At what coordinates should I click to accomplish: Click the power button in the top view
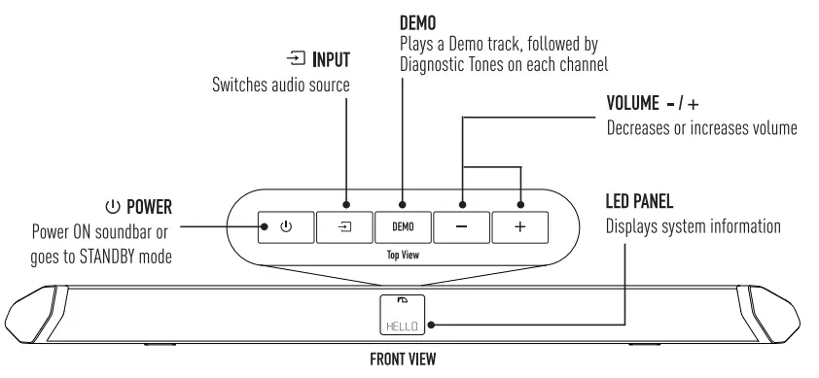(285, 226)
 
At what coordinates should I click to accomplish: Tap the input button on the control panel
(343, 226)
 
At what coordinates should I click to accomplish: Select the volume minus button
(461, 226)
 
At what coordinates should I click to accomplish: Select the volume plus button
(519, 226)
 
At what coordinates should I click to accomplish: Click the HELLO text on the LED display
(402, 326)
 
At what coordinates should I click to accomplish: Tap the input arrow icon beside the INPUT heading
(296, 61)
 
